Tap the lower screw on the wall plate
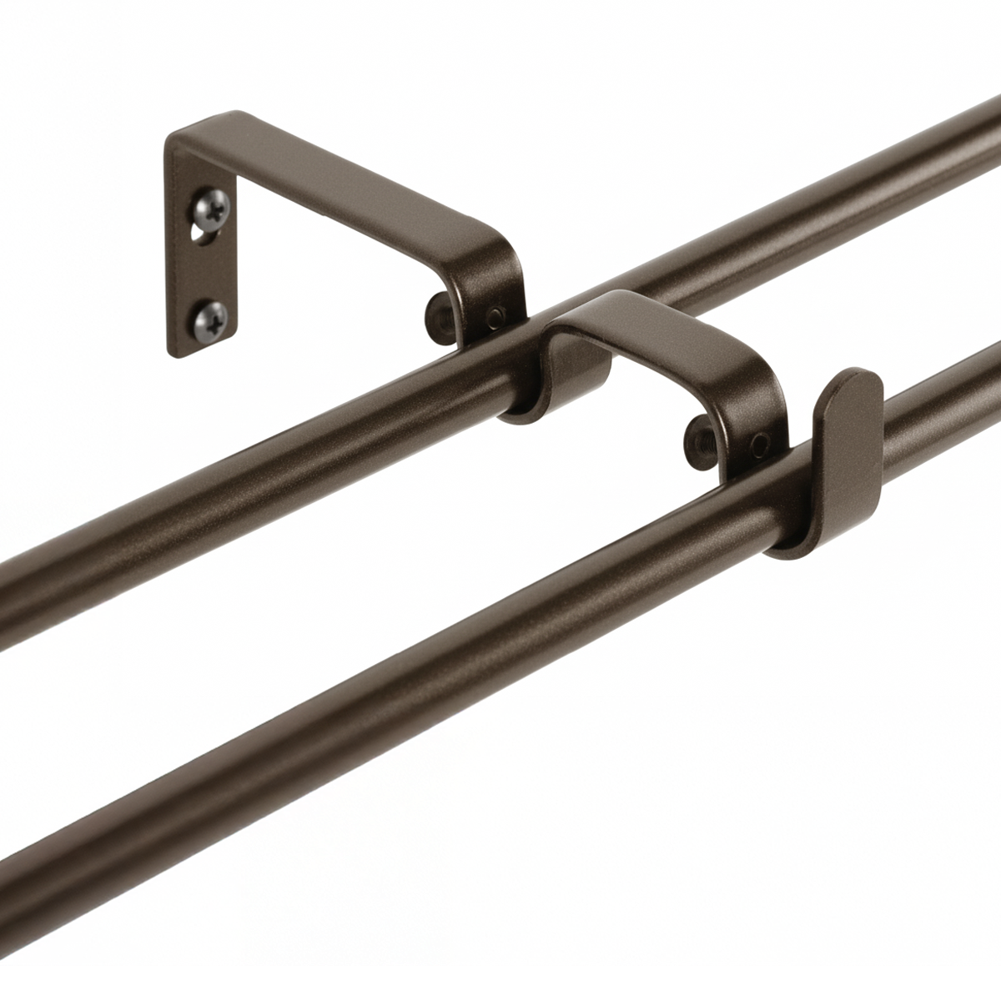point(213,317)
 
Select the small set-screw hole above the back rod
point(498,315)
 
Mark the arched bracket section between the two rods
point(667,334)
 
